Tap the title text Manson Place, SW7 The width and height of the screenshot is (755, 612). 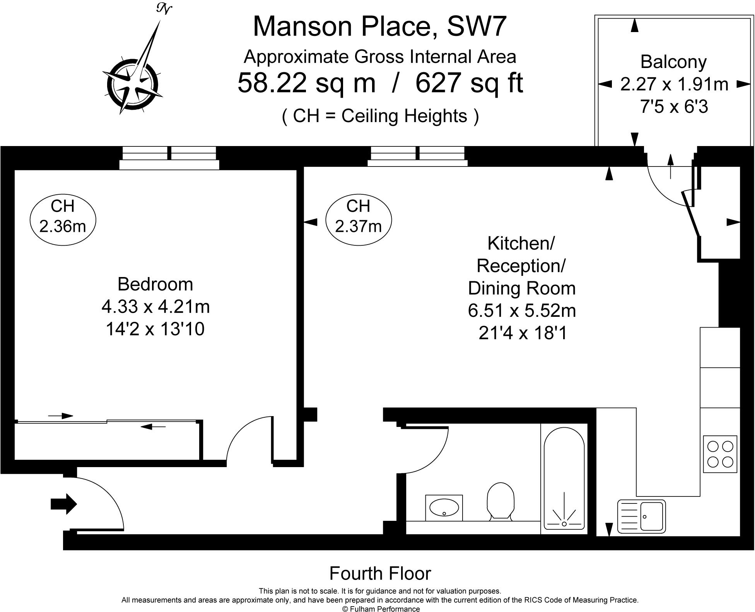pyautogui.click(x=379, y=27)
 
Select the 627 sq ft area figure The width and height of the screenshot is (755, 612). pyautogui.click(x=469, y=83)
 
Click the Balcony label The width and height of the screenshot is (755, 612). pyautogui.click(x=673, y=62)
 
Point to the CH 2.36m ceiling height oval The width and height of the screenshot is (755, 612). pyautogui.click(x=63, y=216)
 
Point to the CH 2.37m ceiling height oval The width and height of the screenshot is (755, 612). pyautogui.click(x=359, y=216)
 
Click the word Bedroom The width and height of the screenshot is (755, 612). pyautogui.click(x=155, y=284)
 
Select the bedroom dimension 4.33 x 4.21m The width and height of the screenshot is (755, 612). pyautogui.click(x=155, y=307)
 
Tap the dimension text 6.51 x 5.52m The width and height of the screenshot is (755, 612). pyautogui.click(x=522, y=311)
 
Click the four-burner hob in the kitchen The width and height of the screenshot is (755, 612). pyautogui.click(x=720, y=454)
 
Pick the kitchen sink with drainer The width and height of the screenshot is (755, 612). pyautogui.click(x=641, y=516)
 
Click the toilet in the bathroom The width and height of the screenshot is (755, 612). pyautogui.click(x=500, y=501)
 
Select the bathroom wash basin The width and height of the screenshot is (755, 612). pyautogui.click(x=444, y=508)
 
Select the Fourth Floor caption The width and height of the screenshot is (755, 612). pyautogui.click(x=380, y=573)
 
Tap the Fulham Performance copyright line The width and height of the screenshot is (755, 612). pyautogui.click(x=381, y=609)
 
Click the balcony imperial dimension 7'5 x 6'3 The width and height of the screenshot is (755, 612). pyautogui.click(x=674, y=106)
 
